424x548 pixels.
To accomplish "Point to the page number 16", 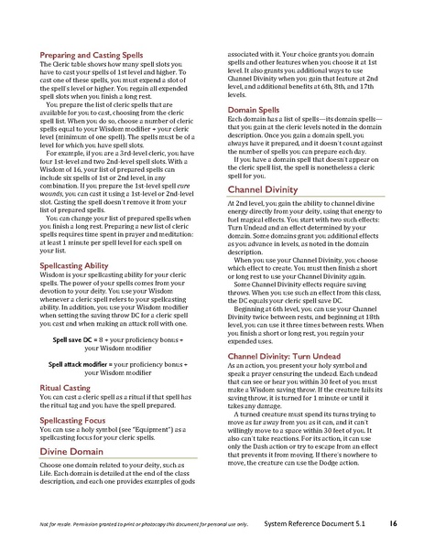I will click(x=392, y=522).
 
